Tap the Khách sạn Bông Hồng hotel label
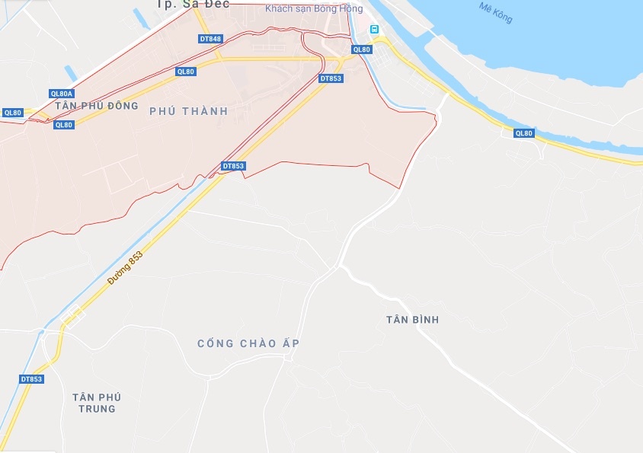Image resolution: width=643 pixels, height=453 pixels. click(314, 8)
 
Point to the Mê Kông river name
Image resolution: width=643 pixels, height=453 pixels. click(496, 12)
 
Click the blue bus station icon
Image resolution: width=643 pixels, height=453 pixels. click(374, 29)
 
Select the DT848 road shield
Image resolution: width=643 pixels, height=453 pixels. click(210, 39)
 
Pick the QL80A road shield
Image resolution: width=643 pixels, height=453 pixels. click(61, 94)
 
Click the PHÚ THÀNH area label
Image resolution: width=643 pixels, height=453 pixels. click(188, 111)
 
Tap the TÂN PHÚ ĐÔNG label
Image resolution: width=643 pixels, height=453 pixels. click(96, 106)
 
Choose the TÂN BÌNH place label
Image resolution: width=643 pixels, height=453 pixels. click(412, 320)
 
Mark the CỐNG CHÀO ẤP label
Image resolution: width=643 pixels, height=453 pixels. click(248, 344)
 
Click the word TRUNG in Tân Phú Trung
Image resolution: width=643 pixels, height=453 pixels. click(97, 409)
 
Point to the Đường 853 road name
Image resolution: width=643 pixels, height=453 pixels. click(124, 270)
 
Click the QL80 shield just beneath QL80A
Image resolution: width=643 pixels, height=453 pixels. click(64, 125)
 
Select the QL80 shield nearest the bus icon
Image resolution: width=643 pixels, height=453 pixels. click(361, 49)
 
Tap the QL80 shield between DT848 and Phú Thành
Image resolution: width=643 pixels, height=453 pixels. click(185, 72)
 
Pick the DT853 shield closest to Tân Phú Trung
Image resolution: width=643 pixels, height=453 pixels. click(31, 379)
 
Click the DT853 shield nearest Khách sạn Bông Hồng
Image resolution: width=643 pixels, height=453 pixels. click(331, 78)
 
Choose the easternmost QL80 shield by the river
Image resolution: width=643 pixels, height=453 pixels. click(523, 133)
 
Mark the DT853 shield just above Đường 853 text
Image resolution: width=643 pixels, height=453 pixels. click(233, 166)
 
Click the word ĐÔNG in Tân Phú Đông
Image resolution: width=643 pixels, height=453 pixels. click(123, 106)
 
